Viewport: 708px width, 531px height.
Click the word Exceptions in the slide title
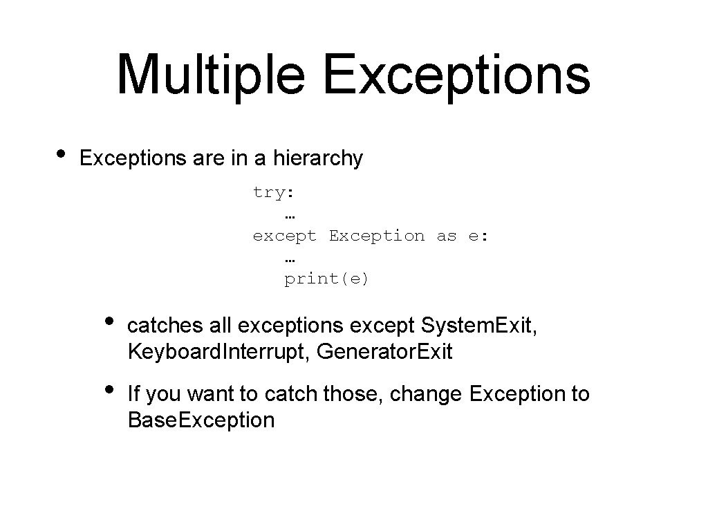(x=457, y=74)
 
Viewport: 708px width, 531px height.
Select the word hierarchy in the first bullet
(x=318, y=158)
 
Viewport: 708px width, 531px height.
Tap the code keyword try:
(x=274, y=192)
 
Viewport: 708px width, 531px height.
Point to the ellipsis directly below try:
(x=290, y=216)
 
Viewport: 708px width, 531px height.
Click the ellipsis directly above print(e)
(x=290, y=259)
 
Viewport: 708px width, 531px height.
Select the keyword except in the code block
(x=285, y=236)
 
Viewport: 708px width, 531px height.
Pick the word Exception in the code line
(x=377, y=236)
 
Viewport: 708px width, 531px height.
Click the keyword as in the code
(x=447, y=236)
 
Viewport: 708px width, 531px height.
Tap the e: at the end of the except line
(x=478, y=236)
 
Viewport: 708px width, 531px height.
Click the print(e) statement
(x=327, y=279)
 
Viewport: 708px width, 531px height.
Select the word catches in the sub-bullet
(x=166, y=325)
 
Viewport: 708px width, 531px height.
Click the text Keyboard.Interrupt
(x=218, y=352)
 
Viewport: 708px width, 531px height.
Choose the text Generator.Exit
(x=385, y=352)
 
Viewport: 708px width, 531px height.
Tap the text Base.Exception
(x=201, y=420)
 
